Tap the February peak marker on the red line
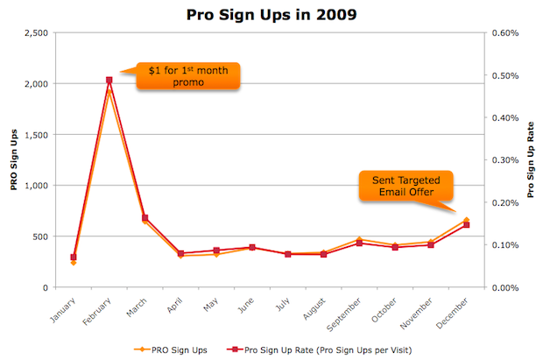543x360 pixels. click(x=109, y=81)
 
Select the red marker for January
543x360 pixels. click(x=74, y=258)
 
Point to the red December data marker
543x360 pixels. click(x=466, y=225)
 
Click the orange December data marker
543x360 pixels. click(x=466, y=220)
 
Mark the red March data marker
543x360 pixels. click(x=145, y=218)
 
